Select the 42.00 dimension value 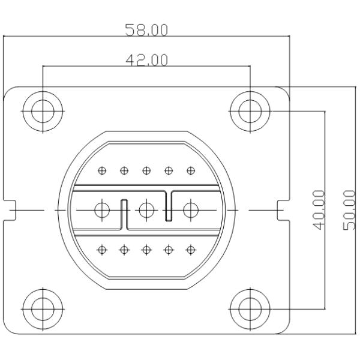(x=146, y=60)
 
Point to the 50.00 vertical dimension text (x=349, y=209)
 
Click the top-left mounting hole (x=43, y=110)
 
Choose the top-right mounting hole (x=250, y=110)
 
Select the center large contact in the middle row (x=146, y=210)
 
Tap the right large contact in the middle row (x=191, y=210)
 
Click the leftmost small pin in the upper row (x=102, y=170)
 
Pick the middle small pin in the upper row (x=146, y=170)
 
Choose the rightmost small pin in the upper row (x=191, y=170)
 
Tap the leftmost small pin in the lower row (x=102, y=249)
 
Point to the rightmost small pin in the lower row (x=191, y=249)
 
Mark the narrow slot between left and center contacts (x=124, y=213)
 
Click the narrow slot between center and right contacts (x=169, y=206)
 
